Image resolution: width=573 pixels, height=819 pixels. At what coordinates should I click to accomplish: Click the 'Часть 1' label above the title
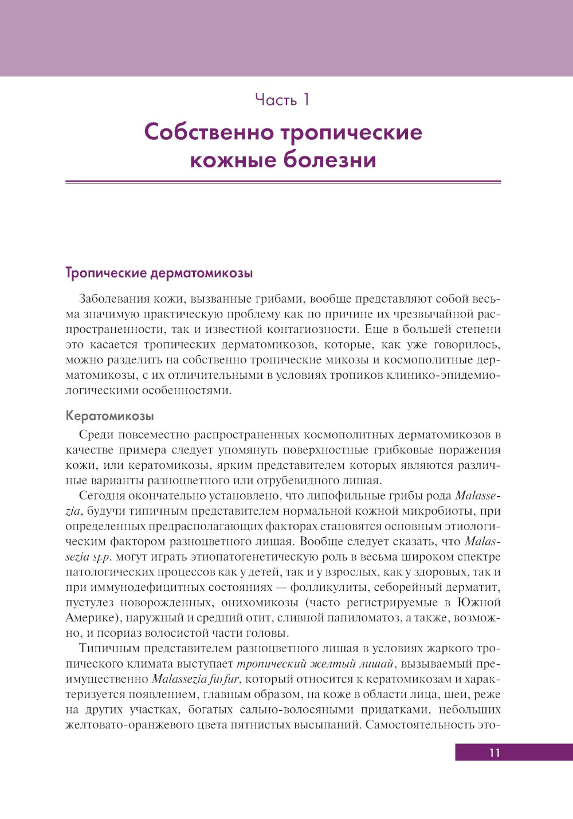282,100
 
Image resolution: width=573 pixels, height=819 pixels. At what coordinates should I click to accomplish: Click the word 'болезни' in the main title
329,159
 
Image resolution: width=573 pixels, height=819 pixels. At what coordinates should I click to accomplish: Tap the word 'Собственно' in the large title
209,132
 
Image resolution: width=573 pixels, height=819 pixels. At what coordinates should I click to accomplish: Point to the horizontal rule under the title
283,182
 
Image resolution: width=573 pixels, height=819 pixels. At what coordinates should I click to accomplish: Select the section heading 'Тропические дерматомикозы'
159,273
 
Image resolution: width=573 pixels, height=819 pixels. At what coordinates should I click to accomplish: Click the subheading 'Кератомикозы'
109,416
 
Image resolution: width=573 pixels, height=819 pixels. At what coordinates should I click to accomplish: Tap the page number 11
494,753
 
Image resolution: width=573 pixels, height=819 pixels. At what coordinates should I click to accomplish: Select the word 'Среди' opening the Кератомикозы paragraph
96,435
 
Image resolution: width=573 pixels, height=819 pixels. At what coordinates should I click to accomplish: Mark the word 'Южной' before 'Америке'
479,603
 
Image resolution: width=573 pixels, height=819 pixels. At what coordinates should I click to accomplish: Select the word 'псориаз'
119,633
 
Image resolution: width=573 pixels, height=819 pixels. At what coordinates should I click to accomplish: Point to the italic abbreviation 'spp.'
101,557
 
